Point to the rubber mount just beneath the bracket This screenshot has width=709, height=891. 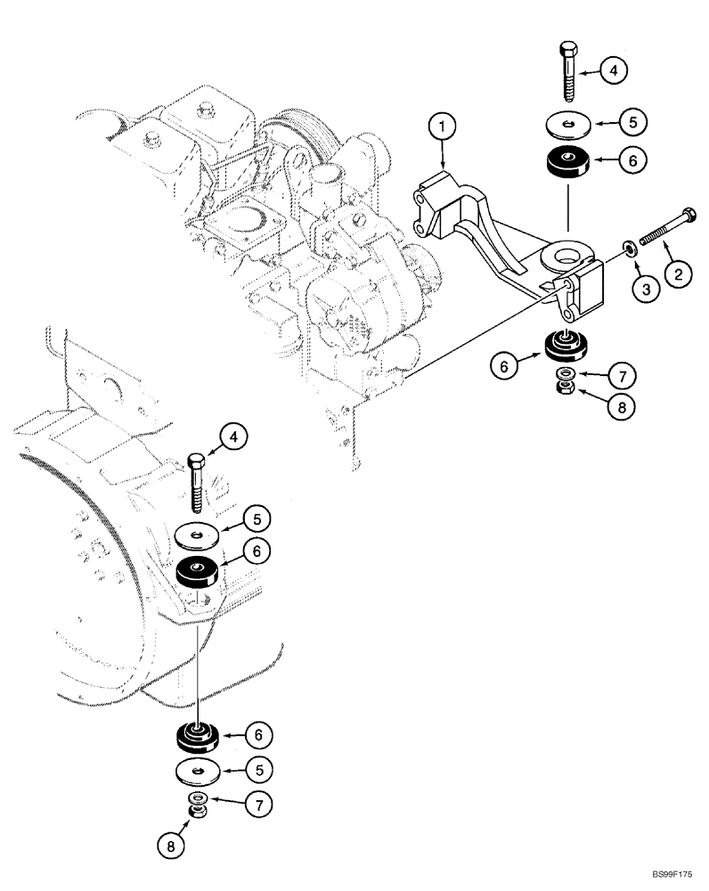coord(561,342)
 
